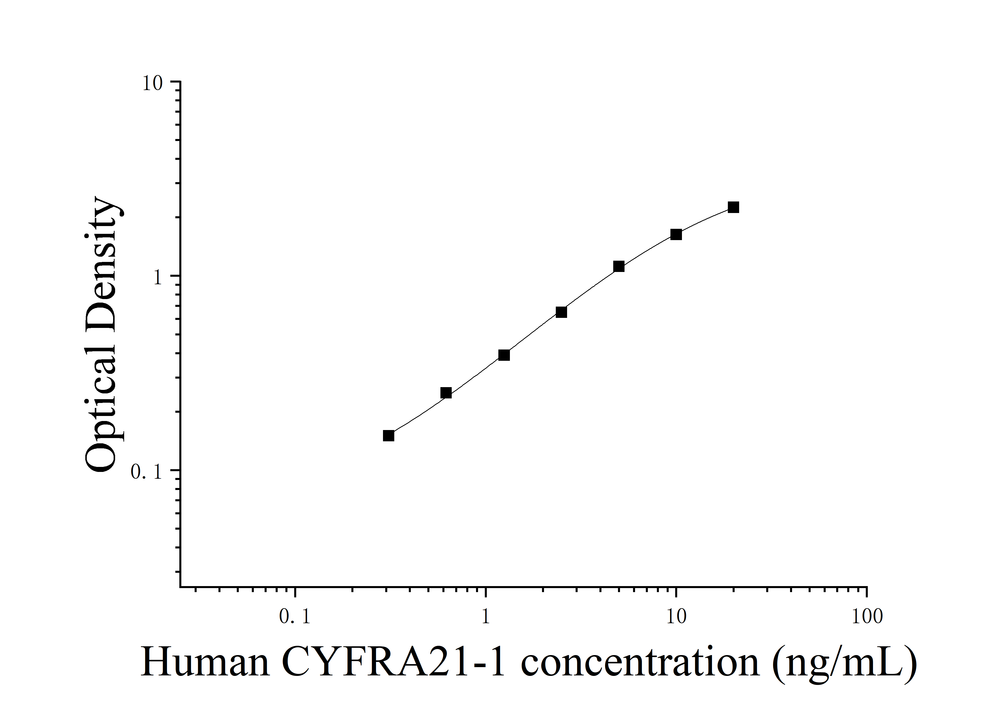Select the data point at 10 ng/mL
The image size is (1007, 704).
pos(676,235)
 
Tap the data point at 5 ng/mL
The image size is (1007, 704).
pos(619,266)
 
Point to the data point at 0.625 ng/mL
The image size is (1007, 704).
pos(446,393)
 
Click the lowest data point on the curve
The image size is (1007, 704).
pos(389,436)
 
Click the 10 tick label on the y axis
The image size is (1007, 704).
pos(152,83)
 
